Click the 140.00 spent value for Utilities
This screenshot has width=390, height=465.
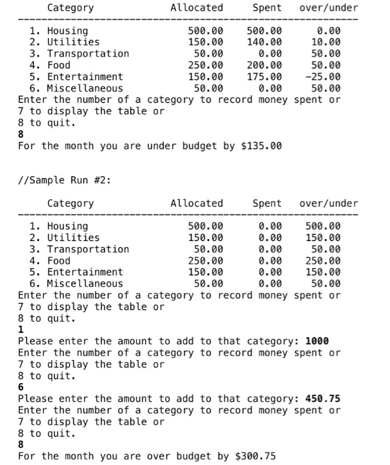click(x=264, y=42)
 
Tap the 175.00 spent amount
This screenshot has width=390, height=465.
click(x=264, y=76)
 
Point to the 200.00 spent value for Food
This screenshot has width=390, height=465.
click(x=264, y=65)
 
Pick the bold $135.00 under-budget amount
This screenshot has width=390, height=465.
click(x=258, y=145)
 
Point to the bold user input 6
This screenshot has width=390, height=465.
click(x=21, y=387)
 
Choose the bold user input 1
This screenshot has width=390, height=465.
click(x=21, y=329)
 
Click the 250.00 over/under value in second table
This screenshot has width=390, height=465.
click(x=322, y=260)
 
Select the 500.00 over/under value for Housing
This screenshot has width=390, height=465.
click(x=322, y=226)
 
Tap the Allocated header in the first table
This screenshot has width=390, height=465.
click(x=197, y=8)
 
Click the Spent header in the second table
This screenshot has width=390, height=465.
click(x=267, y=203)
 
